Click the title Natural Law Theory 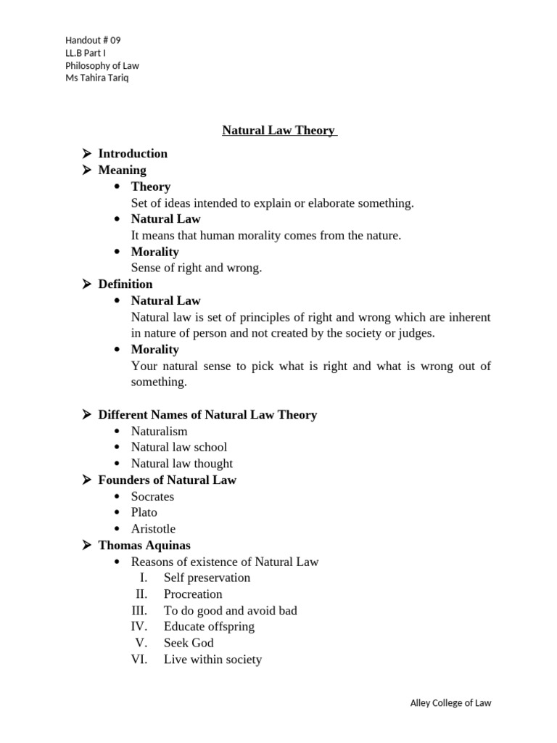pyautogui.click(x=278, y=131)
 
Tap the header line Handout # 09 pyautogui.click(x=88, y=40)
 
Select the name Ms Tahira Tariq pyautogui.click(x=97, y=78)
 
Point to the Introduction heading pyautogui.click(x=133, y=153)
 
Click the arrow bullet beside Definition pyautogui.click(x=86, y=284)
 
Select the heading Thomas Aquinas pyautogui.click(x=144, y=545)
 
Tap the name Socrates pyautogui.click(x=152, y=496)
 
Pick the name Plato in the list pyautogui.click(x=144, y=512)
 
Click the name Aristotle pyautogui.click(x=153, y=529)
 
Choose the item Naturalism pyautogui.click(x=159, y=431)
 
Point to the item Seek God pyautogui.click(x=189, y=643)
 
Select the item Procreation pyautogui.click(x=193, y=594)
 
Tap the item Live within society pyautogui.click(x=213, y=660)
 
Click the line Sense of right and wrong pyautogui.click(x=196, y=268)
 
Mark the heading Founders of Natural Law pyautogui.click(x=167, y=480)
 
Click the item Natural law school pyautogui.click(x=178, y=447)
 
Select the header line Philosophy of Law pyautogui.click(x=102, y=65)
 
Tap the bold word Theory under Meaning pyautogui.click(x=150, y=186)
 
